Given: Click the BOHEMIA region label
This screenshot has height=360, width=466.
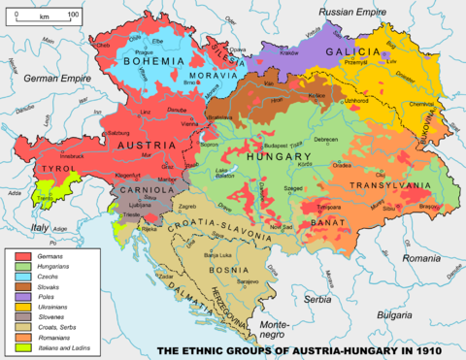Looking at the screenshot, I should [147, 61].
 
